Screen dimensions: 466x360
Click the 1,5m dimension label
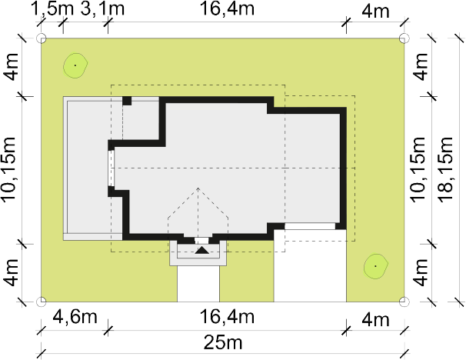tap(52, 9)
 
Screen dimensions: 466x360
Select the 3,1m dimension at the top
tap(102, 9)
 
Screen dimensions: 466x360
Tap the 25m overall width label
tap(223, 343)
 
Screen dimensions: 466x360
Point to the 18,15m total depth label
tap(446, 170)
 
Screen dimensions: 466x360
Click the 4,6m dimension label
tap(75, 317)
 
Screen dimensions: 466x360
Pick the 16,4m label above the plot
tap(228, 8)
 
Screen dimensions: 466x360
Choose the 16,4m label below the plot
tap(228, 317)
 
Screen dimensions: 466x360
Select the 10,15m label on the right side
tap(418, 170)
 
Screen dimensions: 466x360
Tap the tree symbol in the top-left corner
tap(75, 65)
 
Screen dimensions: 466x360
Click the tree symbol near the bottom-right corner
tap(376, 266)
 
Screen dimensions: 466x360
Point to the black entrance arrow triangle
tap(202, 250)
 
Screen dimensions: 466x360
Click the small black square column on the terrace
tap(127, 101)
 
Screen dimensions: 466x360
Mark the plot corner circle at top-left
tap(42, 38)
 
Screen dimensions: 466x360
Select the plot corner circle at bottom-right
tap(404, 302)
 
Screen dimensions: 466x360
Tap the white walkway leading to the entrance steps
tap(198, 284)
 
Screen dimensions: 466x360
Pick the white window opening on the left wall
tap(112, 168)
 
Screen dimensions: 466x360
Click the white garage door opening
tap(310, 226)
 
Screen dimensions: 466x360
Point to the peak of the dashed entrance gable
tap(198, 188)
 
